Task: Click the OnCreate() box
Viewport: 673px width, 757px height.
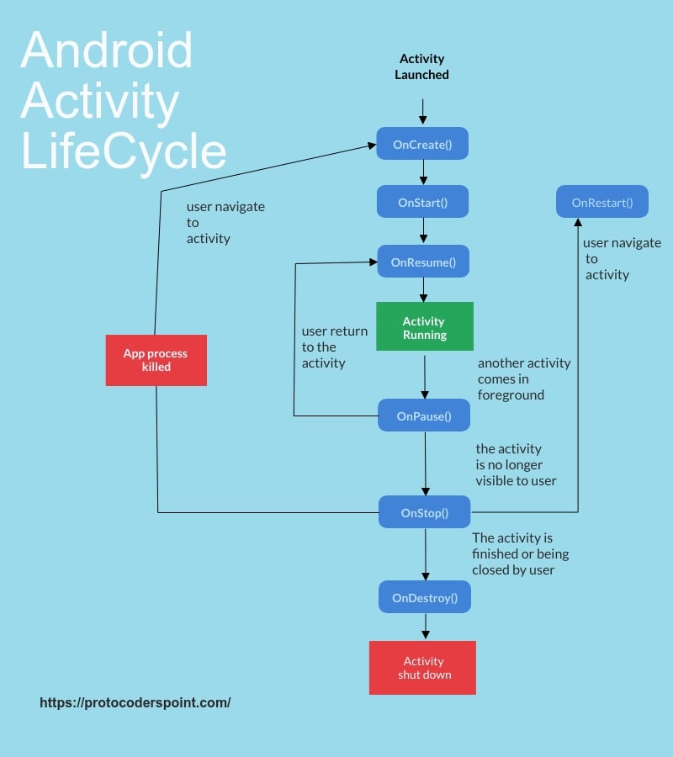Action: pyautogui.click(x=422, y=144)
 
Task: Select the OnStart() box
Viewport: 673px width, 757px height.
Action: pyautogui.click(x=422, y=202)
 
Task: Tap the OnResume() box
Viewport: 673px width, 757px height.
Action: pyautogui.click(x=423, y=262)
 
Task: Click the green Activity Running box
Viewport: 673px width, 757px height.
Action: pyautogui.click(x=424, y=327)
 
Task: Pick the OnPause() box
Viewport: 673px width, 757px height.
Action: pyautogui.click(x=424, y=415)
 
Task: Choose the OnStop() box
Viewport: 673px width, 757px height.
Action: pyautogui.click(x=424, y=512)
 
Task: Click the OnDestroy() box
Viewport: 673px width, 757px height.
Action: pyautogui.click(x=424, y=598)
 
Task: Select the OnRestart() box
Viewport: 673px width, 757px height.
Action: pyautogui.click(x=601, y=202)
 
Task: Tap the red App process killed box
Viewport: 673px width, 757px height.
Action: pyautogui.click(x=156, y=360)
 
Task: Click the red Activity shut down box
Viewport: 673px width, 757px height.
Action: pyautogui.click(x=422, y=668)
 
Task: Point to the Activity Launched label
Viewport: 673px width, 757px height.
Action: pyautogui.click(x=422, y=66)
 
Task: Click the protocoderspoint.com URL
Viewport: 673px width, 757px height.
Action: pyautogui.click(x=135, y=702)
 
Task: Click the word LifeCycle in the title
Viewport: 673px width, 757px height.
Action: pyautogui.click(x=124, y=151)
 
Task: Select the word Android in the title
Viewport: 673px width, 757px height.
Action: pyautogui.click(x=107, y=50)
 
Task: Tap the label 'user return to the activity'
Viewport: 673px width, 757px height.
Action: pyautogui.click(x=334, y=347)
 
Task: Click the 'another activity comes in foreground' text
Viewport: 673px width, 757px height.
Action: pyautogui.click(x=523, y=378)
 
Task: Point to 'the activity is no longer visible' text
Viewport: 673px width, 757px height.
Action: pyautogui.click(x=516, y=464)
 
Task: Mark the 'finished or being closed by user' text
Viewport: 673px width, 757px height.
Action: pyautogui.click(x=520, y=553)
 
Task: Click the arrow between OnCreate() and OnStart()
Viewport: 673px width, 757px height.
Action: pyautogui.click(x=423, y=172)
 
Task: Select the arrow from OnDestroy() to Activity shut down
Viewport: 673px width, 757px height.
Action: pyautogui.click(x=425, y=627)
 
